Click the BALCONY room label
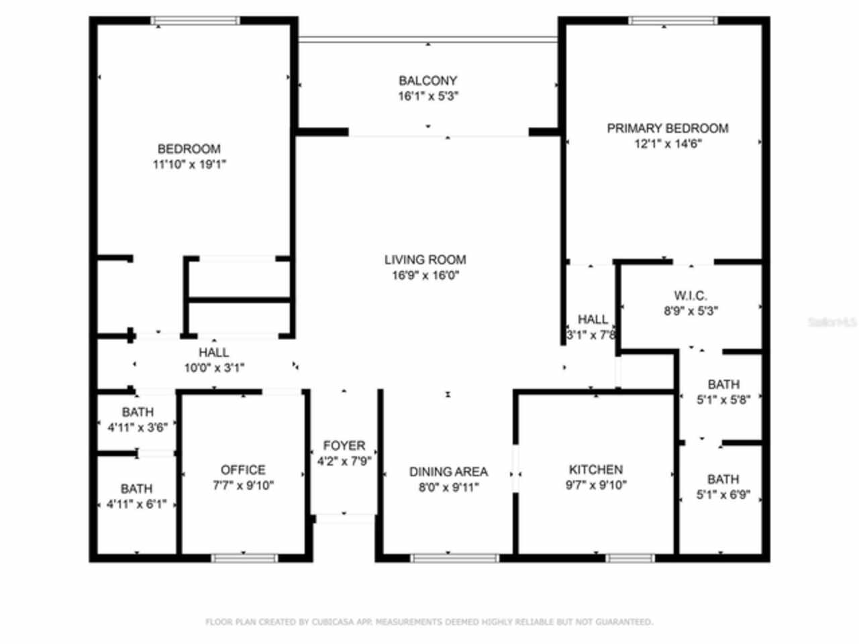point(427,80)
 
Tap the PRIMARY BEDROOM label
point(667,128)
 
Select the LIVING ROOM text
point(425,260)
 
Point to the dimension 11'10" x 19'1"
point(189,164)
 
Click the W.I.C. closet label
point(690,296)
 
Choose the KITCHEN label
point(595,470)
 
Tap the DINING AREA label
point(448,472)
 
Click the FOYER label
point(344,445)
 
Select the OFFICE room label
point(243,470)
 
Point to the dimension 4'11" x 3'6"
point(138,427)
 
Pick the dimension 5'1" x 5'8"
point(723,399)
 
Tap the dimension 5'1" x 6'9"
point(723,495)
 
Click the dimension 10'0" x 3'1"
point(214,367)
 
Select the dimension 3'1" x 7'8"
point(591,334)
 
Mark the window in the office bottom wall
point(244,557)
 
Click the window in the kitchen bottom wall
point(629,557)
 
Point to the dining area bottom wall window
point(454,557)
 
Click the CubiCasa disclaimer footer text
point(429,622)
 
